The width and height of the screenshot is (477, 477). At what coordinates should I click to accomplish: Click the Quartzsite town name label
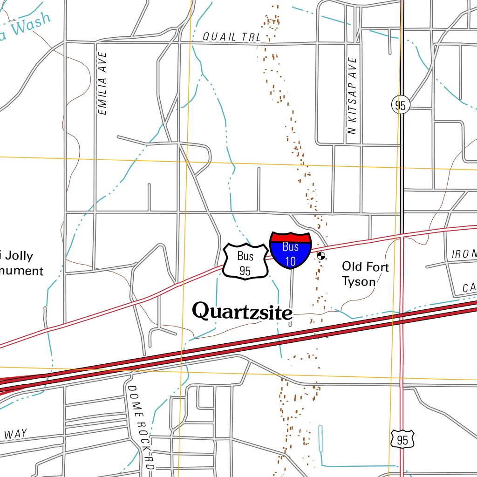coord(243,311)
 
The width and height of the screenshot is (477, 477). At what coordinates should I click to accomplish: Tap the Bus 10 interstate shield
coord(290,250)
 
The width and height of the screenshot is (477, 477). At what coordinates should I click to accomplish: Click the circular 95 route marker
coord(400,105)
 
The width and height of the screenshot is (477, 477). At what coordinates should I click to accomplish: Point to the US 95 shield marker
coord(402,439)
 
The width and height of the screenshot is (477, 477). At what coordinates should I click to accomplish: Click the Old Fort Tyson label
coord(365,273)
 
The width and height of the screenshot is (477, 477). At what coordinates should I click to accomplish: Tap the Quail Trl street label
coord(232,37)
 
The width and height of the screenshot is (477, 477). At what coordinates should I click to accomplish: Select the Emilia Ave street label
coord(103,83)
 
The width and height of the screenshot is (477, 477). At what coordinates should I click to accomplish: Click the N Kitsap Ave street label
coord(353,95)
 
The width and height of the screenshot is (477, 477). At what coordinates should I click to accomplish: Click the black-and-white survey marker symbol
coord(320,255)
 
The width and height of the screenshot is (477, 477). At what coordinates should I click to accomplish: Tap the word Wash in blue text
coord(31,25)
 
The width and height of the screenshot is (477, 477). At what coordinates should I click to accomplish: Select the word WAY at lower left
coord(15,434)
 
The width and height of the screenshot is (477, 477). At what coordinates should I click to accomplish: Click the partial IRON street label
coord(464,254)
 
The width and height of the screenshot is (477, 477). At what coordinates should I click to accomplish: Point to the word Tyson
coord(358,281)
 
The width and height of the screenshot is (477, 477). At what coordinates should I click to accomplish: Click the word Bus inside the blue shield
coord(290,247)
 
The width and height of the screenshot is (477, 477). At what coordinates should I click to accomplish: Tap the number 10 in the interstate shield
coord(290,261)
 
